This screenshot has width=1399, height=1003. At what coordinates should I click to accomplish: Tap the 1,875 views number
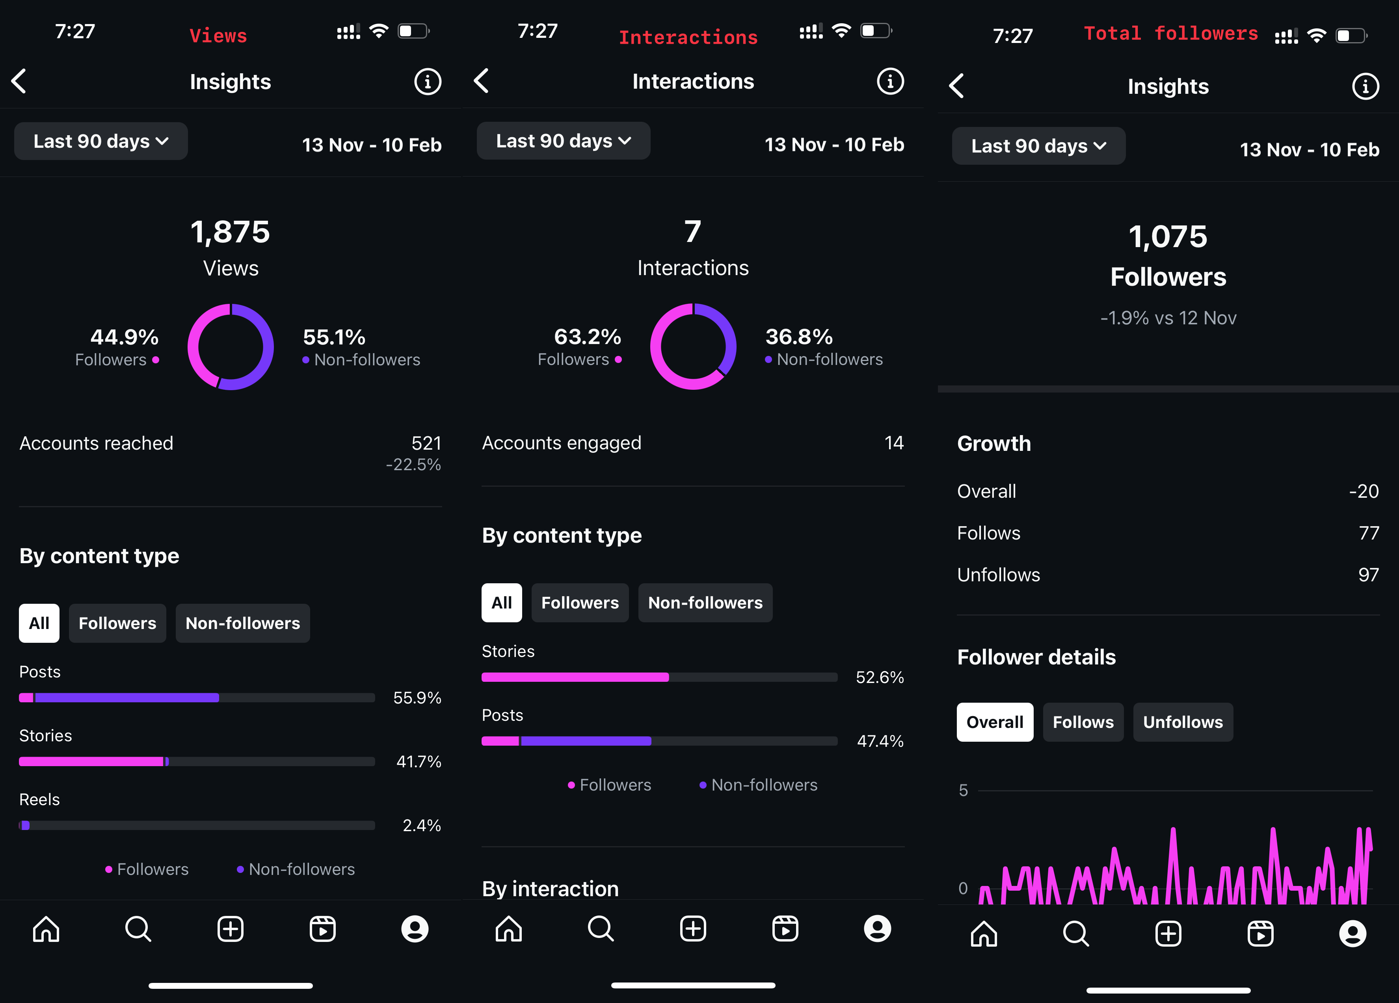click(230, 233)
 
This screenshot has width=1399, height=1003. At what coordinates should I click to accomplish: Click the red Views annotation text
click(218, 36)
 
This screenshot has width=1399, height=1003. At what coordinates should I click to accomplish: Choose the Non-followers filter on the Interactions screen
click(705, 603)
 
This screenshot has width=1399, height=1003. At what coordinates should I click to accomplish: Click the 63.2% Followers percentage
click(587, 337)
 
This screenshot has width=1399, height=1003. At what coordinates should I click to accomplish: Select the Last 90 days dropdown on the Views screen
click(100, 141)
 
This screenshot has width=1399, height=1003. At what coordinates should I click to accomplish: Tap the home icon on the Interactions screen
click(508, 929)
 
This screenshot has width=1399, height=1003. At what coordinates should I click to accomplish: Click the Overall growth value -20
click(1363, 491)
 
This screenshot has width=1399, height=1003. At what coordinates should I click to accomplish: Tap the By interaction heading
click(550, 888)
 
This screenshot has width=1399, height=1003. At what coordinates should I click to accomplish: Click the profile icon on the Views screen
click(415, 929)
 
